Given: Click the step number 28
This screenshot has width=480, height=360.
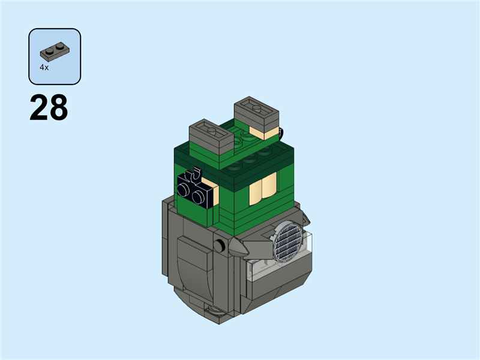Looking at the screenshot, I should click(x=49, y=109).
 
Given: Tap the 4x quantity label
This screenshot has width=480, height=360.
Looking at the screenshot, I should click(x=44, y=68).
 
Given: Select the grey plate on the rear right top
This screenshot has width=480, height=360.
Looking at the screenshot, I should click(x=256, y=113).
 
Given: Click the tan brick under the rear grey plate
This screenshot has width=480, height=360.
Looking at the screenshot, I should click(x=264, y=133).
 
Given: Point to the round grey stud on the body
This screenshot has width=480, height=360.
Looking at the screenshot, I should click(x=221, y=245).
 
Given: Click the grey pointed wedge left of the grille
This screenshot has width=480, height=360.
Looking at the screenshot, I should click(x=255, y=247).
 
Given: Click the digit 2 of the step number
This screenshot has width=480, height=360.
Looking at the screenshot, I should click(x=39, y=109).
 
